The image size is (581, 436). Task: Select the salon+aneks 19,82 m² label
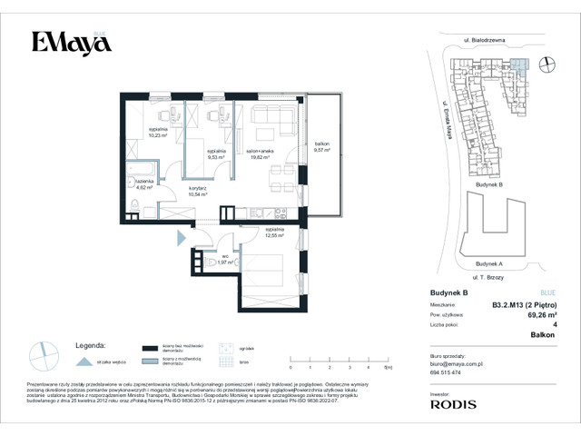262,154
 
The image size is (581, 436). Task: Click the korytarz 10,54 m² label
198,192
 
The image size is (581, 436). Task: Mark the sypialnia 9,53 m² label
216,153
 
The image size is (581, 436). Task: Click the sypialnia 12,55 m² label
275,233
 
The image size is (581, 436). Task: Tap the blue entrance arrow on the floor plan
182,238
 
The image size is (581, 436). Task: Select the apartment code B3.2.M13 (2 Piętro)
524,305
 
